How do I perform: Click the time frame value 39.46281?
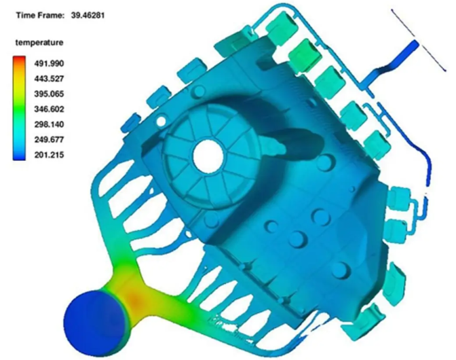[x=88, y=15]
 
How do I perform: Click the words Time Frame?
[x=40, y=15]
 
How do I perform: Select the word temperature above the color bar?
[x=39, y=43]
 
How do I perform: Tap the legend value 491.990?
[x=49, y=63]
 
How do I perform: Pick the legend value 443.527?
[x=49, y=79]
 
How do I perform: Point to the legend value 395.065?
[x=49, y=94]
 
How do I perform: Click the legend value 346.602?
[x=49, y=109]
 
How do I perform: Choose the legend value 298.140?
[x=49, y=124]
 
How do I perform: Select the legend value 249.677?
[x=49, y=139]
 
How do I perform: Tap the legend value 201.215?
[x=49, y=155]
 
